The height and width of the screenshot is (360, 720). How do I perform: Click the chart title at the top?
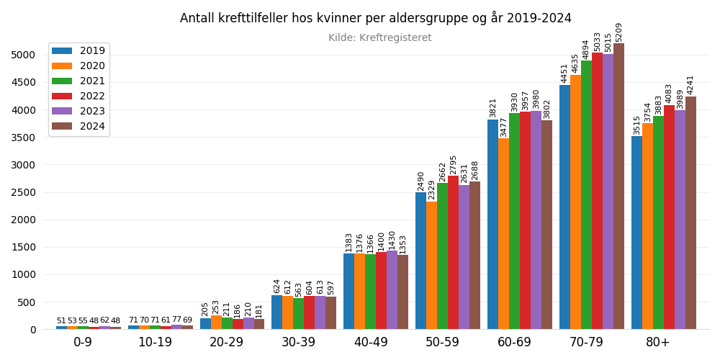click(x=375, y=18)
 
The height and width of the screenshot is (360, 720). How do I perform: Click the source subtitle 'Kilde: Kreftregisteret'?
click(x=379, y=38)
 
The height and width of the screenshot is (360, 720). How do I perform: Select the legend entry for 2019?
click(x=78, y=51)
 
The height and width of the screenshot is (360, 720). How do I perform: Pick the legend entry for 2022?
click(x=78, y=96)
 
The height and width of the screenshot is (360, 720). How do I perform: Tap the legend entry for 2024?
click(x=78, y=127)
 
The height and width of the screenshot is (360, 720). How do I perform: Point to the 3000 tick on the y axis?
click(x=23, y=165)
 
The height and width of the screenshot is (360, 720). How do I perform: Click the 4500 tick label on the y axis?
click(x=23, y=83)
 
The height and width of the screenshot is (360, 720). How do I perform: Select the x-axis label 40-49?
click(x=371, y=343)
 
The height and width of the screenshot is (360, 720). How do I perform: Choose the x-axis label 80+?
click(x=658, y=343)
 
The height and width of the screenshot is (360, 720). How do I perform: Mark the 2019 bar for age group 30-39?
click(x=277, y=312)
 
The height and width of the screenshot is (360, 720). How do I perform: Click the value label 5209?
click(x=618, y=32)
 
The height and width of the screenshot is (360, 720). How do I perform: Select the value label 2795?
click(x=453, y=165)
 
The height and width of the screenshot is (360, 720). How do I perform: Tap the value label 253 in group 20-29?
click(x=216, y=307)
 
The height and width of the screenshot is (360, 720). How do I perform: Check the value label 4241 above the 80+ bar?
click(x=690, y=84)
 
